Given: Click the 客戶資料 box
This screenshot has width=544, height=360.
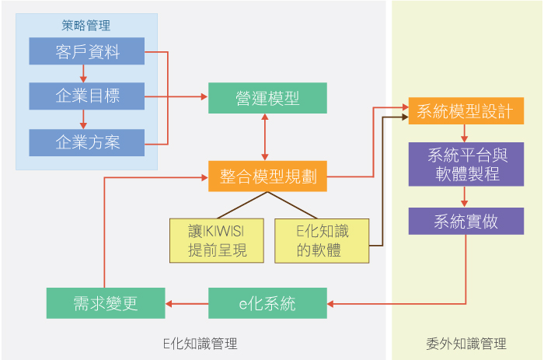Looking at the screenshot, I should click(x=87, y=51).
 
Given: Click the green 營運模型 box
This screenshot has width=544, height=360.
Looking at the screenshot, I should click(x=267, y=98).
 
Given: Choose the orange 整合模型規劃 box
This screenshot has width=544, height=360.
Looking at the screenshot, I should click(x=267, y=177).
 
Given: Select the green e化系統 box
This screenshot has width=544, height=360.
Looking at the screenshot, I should click(x=267, y=302).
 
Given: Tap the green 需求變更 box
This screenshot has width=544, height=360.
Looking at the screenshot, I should click(x=106, y=302).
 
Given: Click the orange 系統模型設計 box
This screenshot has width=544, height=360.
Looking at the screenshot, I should click(x=465, y=110).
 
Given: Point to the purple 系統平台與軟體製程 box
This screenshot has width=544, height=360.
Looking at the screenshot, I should click(x=465, y=165).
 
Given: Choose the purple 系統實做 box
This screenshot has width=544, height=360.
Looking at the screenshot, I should click(x=465, y=221).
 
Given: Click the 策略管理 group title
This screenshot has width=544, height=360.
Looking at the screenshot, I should click(x=87, y=25).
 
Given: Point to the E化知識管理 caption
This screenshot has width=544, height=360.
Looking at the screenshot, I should click(x=201, y=342).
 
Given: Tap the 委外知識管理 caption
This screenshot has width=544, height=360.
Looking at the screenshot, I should click(x=466, y=342).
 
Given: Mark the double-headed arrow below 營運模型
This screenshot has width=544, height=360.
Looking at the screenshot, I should click(x=267, y=137).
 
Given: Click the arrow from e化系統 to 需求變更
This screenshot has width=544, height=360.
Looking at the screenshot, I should click(x=187, y=302).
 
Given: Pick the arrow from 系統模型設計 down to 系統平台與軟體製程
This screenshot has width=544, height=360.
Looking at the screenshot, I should click(x=465, y=133).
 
